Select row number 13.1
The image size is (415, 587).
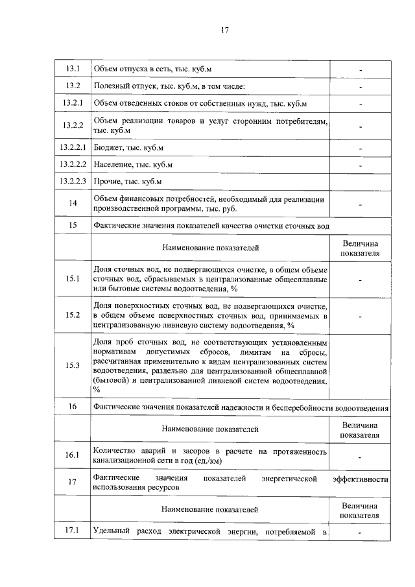coord(73,69)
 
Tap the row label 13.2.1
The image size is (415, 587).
coord(73,103)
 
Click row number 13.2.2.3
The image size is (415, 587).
coord(73,181)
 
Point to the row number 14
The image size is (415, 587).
coord(73,204)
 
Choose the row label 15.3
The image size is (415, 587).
coord(73,365)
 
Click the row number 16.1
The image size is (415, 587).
coord(73,455)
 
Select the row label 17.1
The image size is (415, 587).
coord(73,533)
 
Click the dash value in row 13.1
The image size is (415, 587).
coord(361,69)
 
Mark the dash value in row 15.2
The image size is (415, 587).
coord(361,316)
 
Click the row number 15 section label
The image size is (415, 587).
coord(73,225)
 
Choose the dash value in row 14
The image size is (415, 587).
coord(361,204)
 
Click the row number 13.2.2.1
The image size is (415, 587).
coord(73,149)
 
